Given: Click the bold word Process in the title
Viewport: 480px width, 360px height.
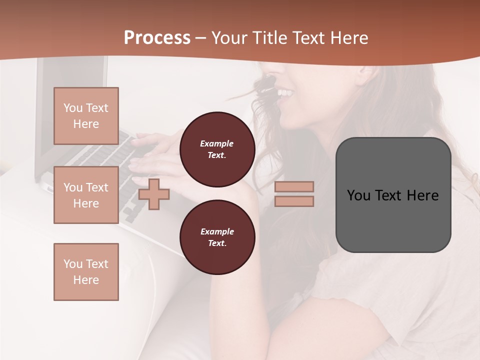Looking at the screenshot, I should (x=157, y=38).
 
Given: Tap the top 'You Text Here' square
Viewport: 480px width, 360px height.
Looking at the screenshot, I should (x=86, y=116).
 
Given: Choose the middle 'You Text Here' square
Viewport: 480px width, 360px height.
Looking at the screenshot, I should (x=86, y=195).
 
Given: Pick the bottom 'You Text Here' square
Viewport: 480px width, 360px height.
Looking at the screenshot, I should (x=86, y=271).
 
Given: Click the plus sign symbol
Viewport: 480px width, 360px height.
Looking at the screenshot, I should (x=154, y=193).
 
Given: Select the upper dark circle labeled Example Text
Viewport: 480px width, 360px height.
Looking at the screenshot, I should (x=217, y=149).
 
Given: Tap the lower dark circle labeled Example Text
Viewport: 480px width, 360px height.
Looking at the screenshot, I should (x=217, y=237).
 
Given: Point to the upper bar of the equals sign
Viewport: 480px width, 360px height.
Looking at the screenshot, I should (x=294, y=186).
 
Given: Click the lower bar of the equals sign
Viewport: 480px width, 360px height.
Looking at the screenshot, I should (x=294, y=201).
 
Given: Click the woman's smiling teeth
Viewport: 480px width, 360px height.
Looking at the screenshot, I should (x=285, y=92).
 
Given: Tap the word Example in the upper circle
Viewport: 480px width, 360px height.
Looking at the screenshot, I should (x=217, y=143).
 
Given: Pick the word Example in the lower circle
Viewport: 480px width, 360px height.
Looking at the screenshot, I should (x=217, y=231).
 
